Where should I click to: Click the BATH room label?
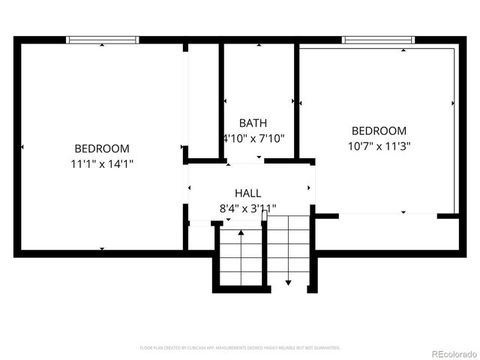253,122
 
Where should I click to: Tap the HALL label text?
247,193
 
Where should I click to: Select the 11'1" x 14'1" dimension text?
101,163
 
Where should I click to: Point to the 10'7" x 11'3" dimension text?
379,146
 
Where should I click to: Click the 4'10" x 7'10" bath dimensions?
253,138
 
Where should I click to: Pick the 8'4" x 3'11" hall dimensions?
247,208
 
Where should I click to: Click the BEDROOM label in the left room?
101,148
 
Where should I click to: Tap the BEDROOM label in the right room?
379,130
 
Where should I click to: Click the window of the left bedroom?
103,39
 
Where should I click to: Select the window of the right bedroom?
378,39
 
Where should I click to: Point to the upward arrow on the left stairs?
241,234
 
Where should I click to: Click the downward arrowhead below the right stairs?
289,283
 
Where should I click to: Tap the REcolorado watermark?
446,353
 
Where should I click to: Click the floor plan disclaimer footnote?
240,348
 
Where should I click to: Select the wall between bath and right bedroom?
297,101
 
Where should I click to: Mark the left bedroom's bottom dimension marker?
102,248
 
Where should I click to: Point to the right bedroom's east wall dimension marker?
453,103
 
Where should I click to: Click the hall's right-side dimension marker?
310,187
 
